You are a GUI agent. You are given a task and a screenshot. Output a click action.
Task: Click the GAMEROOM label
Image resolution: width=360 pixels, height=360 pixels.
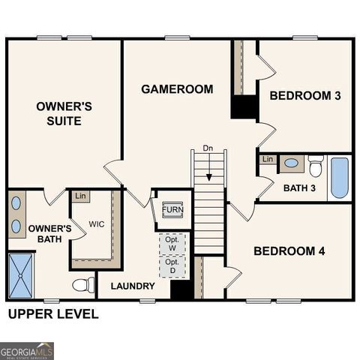pos(177,89)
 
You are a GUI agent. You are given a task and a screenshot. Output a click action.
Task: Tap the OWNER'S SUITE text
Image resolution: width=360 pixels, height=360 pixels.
pos(64,113)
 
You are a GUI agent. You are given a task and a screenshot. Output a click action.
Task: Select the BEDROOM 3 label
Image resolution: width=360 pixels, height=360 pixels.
pos(305,95)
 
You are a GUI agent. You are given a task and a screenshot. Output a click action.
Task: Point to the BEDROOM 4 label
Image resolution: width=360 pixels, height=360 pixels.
pos(289,250)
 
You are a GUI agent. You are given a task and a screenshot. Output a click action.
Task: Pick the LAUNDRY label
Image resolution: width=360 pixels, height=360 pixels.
pos(133,286)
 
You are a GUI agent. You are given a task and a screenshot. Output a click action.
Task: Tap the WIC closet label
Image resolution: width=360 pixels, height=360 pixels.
pos(97,224)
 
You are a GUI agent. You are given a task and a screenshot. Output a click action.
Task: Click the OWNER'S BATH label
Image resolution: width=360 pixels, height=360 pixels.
pos(49,234)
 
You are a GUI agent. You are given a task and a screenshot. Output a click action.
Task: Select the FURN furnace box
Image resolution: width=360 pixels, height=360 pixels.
pos(172,209)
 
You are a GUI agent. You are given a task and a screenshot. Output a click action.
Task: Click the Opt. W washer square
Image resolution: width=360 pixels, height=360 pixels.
pos(172,244)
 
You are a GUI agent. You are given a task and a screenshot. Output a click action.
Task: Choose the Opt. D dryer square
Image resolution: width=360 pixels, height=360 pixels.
pos(172,266)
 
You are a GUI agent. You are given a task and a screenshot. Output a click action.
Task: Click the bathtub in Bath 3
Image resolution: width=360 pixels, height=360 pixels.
pos(339,178)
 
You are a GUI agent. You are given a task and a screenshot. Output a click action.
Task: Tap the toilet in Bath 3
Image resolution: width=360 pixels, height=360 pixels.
pos(316,165)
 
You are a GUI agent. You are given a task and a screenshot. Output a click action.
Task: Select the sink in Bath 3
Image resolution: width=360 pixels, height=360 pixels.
pos(291,163)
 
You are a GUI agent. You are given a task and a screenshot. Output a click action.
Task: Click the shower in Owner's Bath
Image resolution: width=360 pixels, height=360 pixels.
pos(21,275)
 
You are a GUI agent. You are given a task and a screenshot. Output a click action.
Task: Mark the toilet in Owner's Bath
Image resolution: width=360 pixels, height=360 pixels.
pos(83,285)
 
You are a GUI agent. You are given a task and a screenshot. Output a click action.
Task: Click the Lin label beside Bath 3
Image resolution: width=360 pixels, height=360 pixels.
pos(268,160)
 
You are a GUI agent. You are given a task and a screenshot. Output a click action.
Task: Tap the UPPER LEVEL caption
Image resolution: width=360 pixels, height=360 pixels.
pos(52,314)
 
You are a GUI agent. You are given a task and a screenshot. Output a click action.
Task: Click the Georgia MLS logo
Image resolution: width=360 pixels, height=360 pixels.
pos(27,350)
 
